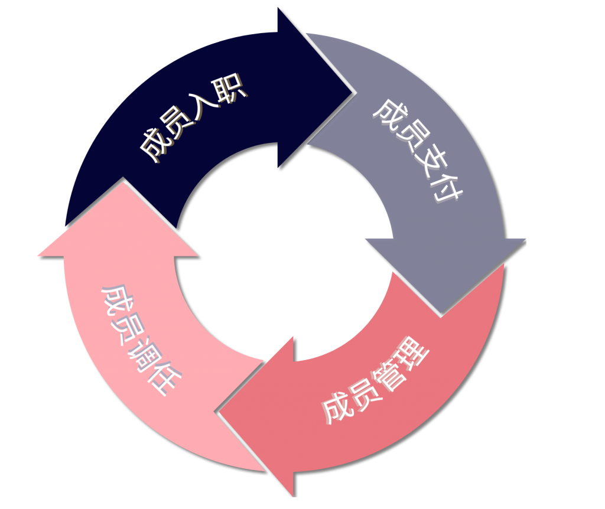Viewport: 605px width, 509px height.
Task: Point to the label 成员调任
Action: click(x=139, y=339)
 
